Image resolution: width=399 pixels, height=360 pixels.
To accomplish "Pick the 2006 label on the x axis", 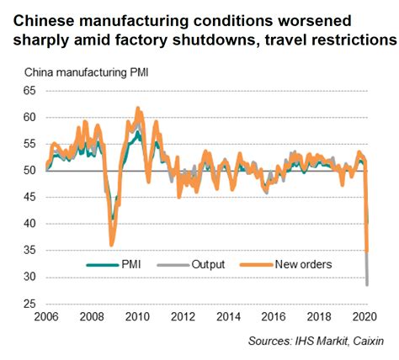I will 47,318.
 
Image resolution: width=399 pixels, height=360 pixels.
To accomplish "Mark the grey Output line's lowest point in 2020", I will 367,284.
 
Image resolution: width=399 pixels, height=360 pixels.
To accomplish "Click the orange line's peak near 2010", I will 138,109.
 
